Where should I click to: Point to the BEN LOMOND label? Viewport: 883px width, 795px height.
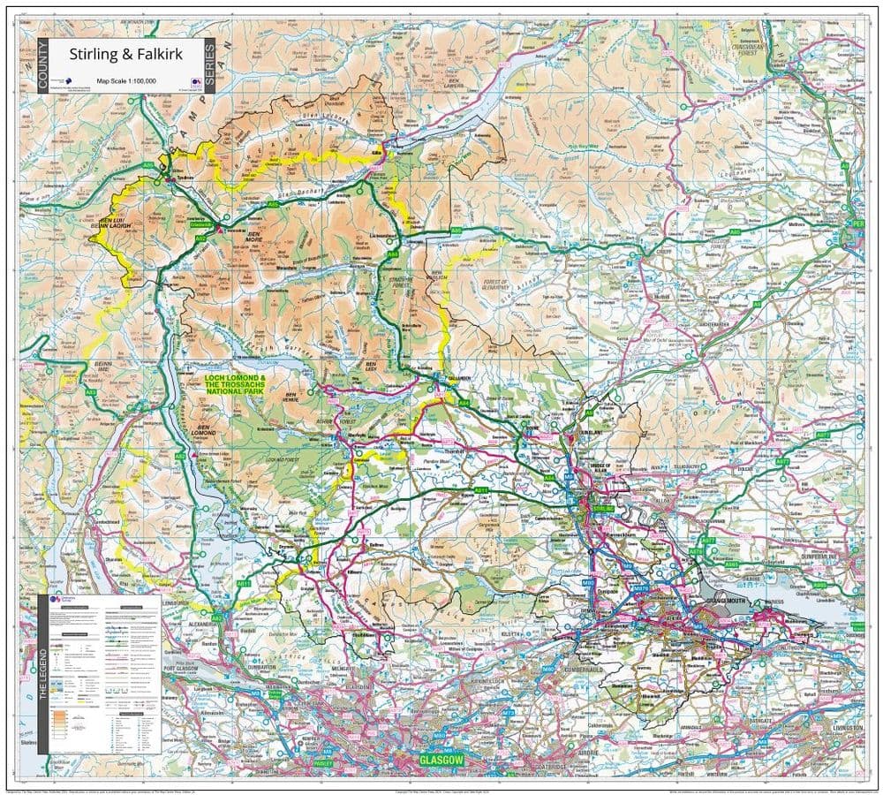(204, 435)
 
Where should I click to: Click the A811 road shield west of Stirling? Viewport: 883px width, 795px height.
(481, 491)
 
